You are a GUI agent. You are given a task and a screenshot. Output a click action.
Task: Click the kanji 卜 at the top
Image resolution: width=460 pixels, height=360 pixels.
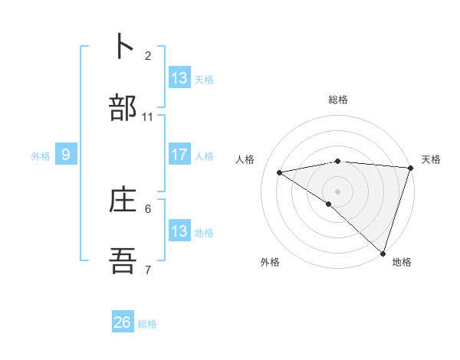point(123,46)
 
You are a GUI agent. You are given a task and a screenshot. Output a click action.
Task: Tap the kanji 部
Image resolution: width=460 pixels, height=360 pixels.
point(123,108)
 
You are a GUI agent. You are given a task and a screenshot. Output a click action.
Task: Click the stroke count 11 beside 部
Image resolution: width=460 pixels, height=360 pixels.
point(148,117)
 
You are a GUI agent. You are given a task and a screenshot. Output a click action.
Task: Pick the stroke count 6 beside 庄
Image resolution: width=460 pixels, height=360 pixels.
point(148,208)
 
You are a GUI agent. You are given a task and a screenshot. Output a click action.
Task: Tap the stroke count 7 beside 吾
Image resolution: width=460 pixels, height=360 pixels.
point(148,270)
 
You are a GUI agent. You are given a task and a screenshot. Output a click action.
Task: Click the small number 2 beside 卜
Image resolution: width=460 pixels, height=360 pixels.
point(148,55)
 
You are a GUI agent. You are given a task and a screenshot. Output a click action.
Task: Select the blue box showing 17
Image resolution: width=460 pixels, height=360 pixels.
point(179,155)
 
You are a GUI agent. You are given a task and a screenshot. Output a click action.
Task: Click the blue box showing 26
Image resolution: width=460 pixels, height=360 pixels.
point(123,322)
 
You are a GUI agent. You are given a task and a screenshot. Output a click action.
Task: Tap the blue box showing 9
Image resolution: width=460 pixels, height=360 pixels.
point(66,155)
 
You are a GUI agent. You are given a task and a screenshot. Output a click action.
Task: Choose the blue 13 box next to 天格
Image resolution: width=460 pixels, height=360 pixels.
point(179,77)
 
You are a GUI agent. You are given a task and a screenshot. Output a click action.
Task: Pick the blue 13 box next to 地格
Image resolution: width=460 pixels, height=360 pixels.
point(179,231)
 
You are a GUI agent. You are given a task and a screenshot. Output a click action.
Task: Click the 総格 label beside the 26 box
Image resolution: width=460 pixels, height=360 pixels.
point(147,324)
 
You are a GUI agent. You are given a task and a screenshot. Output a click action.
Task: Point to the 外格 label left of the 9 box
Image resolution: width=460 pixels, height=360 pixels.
point(41,156)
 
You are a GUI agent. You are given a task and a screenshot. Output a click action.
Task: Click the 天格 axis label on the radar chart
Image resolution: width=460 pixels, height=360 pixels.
point(431,159)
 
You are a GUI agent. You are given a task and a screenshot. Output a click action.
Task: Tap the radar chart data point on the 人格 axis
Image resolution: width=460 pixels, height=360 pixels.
point(280,172)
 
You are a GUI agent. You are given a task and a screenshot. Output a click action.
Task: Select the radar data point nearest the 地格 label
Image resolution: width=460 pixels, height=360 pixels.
point(383,253)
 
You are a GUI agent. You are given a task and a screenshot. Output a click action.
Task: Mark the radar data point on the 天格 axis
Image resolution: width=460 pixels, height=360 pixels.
point(410,168)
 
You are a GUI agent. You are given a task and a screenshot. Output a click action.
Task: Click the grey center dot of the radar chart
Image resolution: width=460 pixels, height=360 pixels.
point(337,190)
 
